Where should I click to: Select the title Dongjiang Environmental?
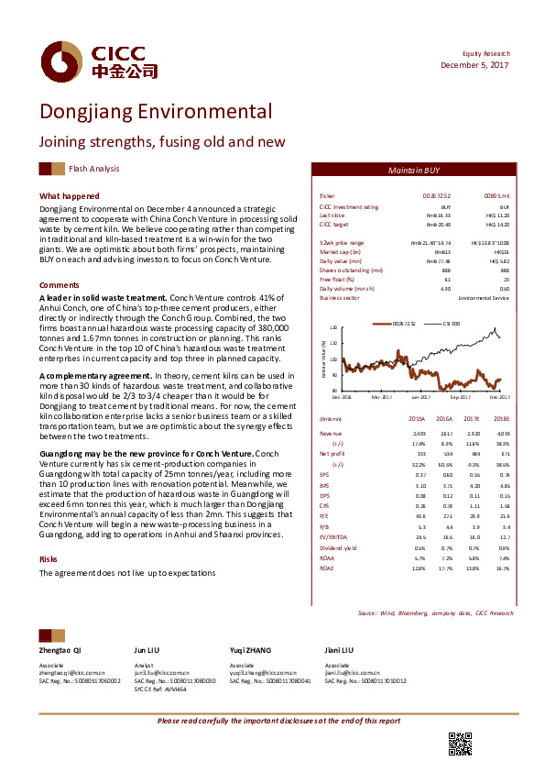pyautogui.click(x=155, y=112)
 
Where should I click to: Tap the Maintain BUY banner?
pyautogui.click(x=414, y=171)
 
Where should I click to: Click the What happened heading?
pyautogui.click(x=69, y=196)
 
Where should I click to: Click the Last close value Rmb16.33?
pyautogui.click(x=439, y=216)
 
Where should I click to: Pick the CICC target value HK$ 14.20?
pyautogui.click(x=496, y=225)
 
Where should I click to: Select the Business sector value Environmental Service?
pyautogui.click(x=483, y=299)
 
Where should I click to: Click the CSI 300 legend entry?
pyautogui.click(x=451, y=324)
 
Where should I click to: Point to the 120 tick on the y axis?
pyautogui.click(x=332, y=327)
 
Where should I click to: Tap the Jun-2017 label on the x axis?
pyautogui.click(x=420, y=398)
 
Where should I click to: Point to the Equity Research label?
pyautogui.click(x=486, y=53)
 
